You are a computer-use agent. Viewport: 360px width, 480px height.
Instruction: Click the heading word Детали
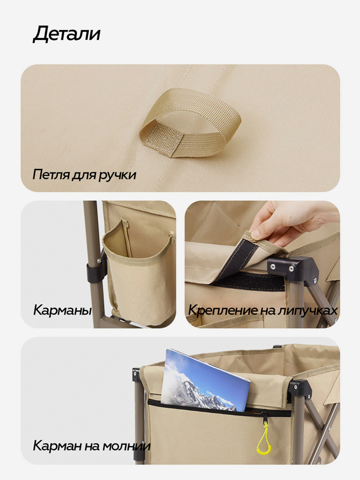66,35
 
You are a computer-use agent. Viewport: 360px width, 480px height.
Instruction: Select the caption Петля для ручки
84,175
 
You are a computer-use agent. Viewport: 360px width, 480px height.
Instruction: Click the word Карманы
62,310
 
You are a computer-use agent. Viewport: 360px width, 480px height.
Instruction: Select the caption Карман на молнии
91,445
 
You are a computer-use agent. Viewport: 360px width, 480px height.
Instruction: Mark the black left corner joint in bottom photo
136,375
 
